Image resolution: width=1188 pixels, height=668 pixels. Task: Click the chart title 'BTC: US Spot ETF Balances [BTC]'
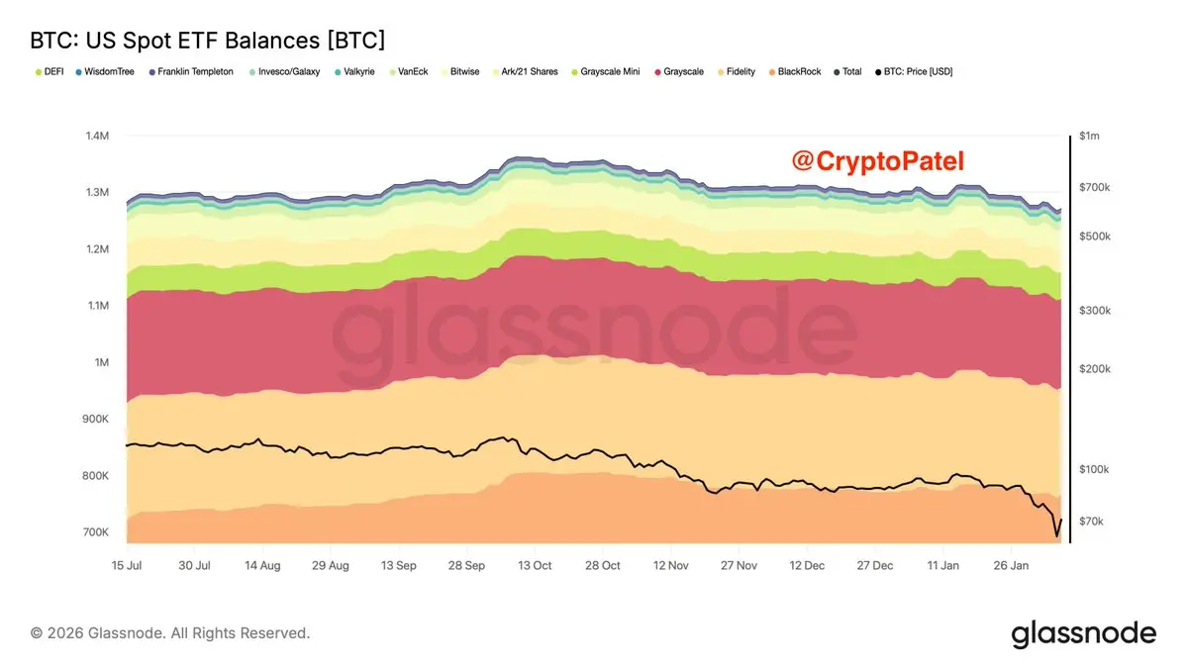[x=208, y=41]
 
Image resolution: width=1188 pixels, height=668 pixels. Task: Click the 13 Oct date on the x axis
[x=535, y=566]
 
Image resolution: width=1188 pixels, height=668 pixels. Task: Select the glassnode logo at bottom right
[x=1083, y=633]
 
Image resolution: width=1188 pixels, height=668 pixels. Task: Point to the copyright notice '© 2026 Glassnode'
[x=170, y=632]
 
